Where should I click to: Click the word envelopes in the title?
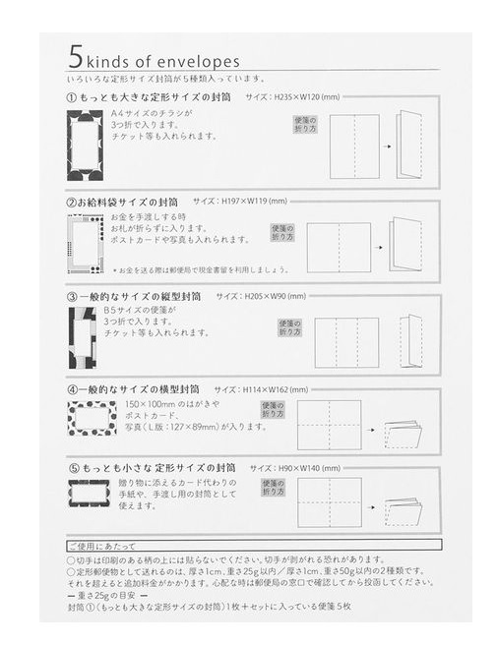[x=196, y=61]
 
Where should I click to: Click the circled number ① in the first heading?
[x=72, y=98]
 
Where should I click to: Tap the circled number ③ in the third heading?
[x=72, y=296]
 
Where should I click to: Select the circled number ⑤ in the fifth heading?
[x=72, y=468]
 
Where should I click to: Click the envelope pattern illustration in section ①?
[x=85, y=146]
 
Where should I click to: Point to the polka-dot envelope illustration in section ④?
[x=91, y=418]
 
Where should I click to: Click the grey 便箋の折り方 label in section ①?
[x=305, y=125]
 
